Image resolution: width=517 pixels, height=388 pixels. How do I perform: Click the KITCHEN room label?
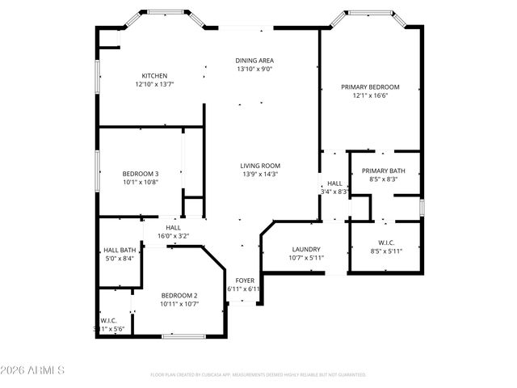154,76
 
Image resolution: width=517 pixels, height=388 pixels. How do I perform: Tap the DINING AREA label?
254,61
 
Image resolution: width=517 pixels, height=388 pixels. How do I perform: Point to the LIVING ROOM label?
260,166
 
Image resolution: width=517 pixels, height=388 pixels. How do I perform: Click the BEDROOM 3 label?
140,174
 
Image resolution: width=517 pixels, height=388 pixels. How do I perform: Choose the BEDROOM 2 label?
179,296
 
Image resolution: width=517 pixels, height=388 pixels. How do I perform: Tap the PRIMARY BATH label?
383,171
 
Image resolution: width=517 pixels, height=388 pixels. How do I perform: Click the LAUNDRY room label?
305,250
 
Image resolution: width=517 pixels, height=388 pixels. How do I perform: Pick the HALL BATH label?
119,250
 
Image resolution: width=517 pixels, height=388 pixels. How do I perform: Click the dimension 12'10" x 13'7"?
154,84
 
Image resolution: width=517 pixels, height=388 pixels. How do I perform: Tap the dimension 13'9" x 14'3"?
260,175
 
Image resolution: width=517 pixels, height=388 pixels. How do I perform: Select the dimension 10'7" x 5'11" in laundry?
305,258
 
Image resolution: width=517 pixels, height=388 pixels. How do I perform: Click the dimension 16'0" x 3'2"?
173,236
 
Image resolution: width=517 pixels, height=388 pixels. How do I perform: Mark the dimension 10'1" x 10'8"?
140,183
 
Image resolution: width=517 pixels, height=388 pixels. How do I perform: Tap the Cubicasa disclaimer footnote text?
258,374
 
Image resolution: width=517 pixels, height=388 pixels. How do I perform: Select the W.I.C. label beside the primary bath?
385,242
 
